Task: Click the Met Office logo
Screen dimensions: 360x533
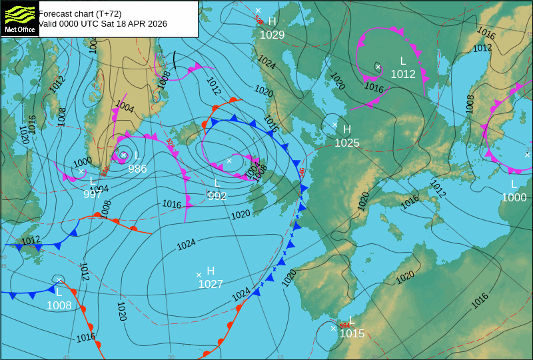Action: [x=19, y=18]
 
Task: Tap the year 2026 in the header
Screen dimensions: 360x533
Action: [x=157, y=23]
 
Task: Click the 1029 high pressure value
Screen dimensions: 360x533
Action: [x=272, y=35]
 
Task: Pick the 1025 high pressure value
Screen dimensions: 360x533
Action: [x=346, y=143]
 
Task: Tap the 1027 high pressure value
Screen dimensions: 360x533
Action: [x=211, y=284]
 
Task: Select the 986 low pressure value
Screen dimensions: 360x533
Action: [x=137, y=169]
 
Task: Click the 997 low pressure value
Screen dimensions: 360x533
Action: [x=93, y=194]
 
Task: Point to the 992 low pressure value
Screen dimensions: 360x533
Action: [x=217, y=196]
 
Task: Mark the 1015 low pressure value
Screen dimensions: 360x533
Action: [x=352, y=333]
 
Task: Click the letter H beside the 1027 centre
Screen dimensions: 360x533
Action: [x=211, y=271]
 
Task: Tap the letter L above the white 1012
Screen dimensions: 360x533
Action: [x=403, y=61]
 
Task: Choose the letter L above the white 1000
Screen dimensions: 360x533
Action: [x=514, y=184]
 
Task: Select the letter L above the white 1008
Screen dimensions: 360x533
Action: [x=59, y=292]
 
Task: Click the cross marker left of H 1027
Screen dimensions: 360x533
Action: [x=199, y=275]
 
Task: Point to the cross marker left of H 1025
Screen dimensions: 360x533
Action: [x=334, y=125]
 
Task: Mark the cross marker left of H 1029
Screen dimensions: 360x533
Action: [x=258, y=11]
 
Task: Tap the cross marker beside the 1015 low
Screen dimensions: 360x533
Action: [x=334, y=328]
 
